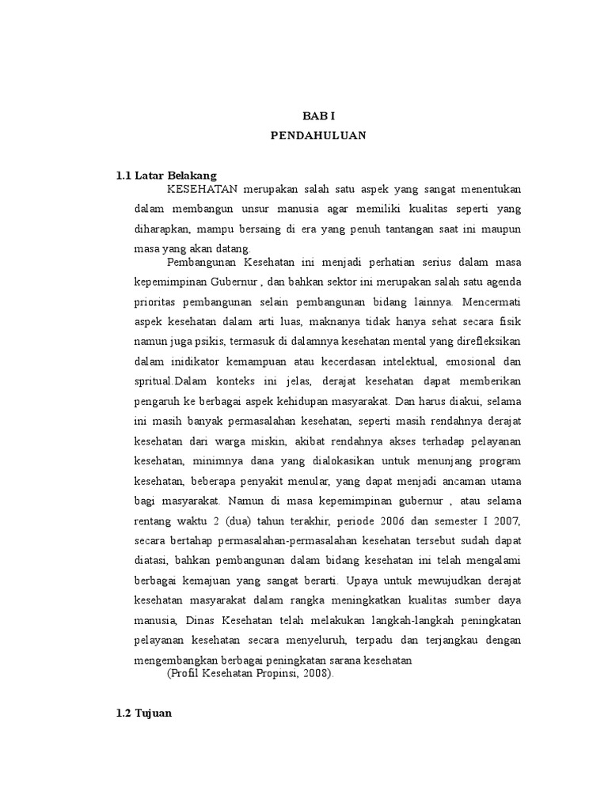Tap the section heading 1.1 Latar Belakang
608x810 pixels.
[166, 175]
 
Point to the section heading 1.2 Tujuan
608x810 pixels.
[144, 713]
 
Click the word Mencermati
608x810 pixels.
[492, 301]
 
